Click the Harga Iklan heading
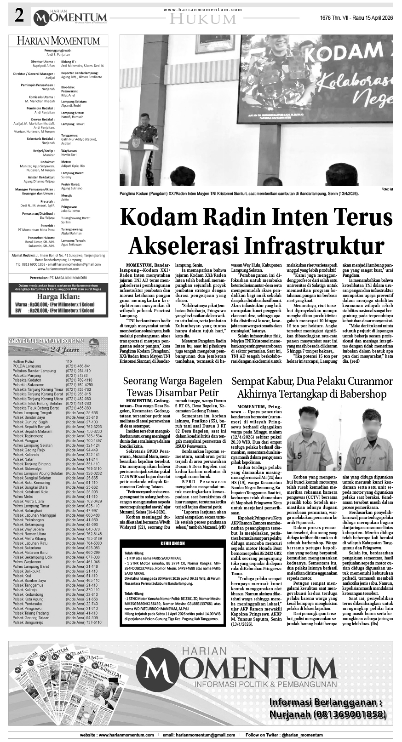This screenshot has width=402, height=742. [58, 297]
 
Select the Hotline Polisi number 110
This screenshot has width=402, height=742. [69, 361]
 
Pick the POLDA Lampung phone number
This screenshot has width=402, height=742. [78, 366]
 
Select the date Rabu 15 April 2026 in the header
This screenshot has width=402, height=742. [370, 17]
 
